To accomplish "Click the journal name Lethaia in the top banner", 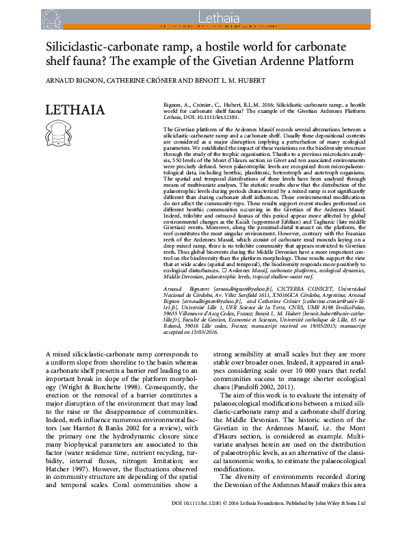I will (203, 13).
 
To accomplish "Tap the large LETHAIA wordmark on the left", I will (74, 110).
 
